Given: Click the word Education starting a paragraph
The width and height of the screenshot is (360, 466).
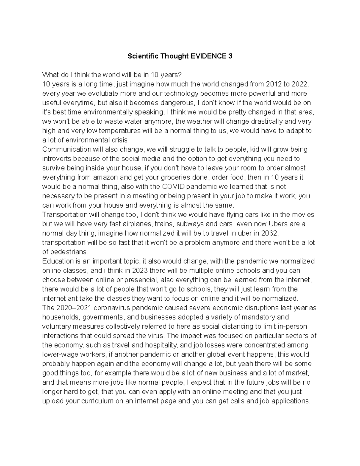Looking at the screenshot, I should (x=58, y=261).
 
